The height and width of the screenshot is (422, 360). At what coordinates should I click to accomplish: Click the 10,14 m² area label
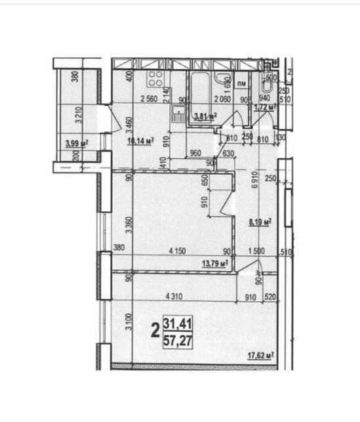click(141, 140)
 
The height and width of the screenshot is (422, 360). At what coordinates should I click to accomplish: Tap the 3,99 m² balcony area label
click(77, 142)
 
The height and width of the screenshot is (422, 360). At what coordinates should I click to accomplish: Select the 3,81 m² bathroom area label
click(204, 117)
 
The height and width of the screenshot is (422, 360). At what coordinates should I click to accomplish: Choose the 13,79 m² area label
click(216, 263)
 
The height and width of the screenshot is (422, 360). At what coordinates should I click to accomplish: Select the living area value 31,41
click(178, 324)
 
